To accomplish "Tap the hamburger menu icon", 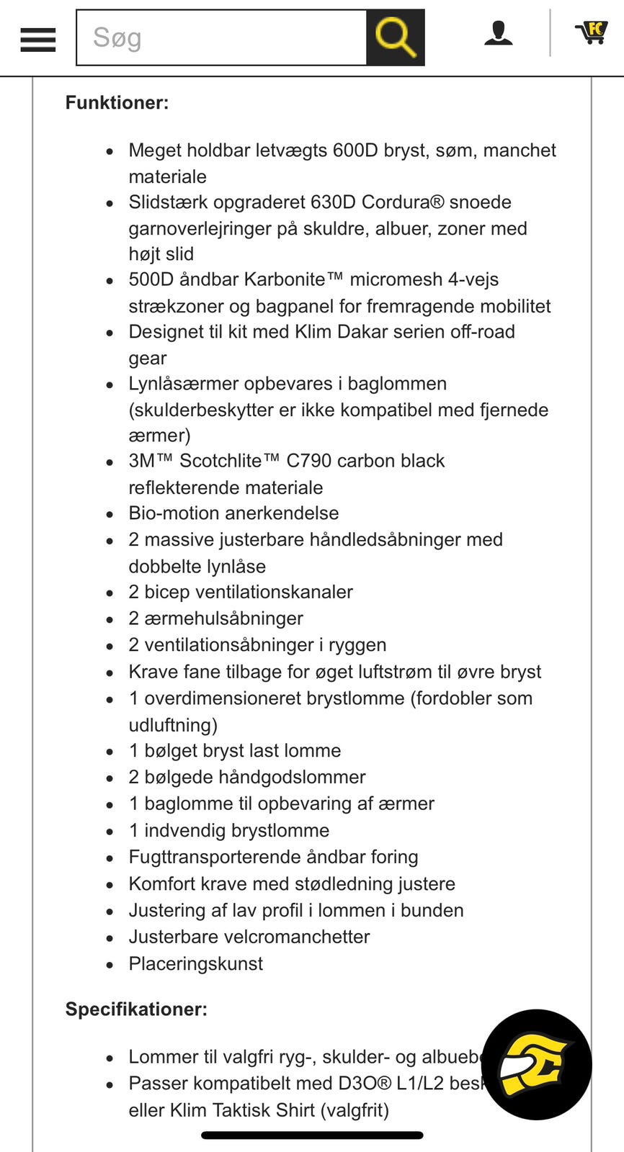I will point(38,40).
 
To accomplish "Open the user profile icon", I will point(498,33).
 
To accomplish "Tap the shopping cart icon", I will point(592,32).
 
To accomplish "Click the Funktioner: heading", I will point(117,103).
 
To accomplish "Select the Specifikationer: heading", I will point(136,1009).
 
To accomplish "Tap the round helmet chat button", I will point(536,1065).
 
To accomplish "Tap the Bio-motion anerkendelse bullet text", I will point(233,513).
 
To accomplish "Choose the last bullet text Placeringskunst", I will point(195,964).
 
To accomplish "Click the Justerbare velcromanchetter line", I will point(249,937).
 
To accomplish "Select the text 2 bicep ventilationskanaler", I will point(241,593).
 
